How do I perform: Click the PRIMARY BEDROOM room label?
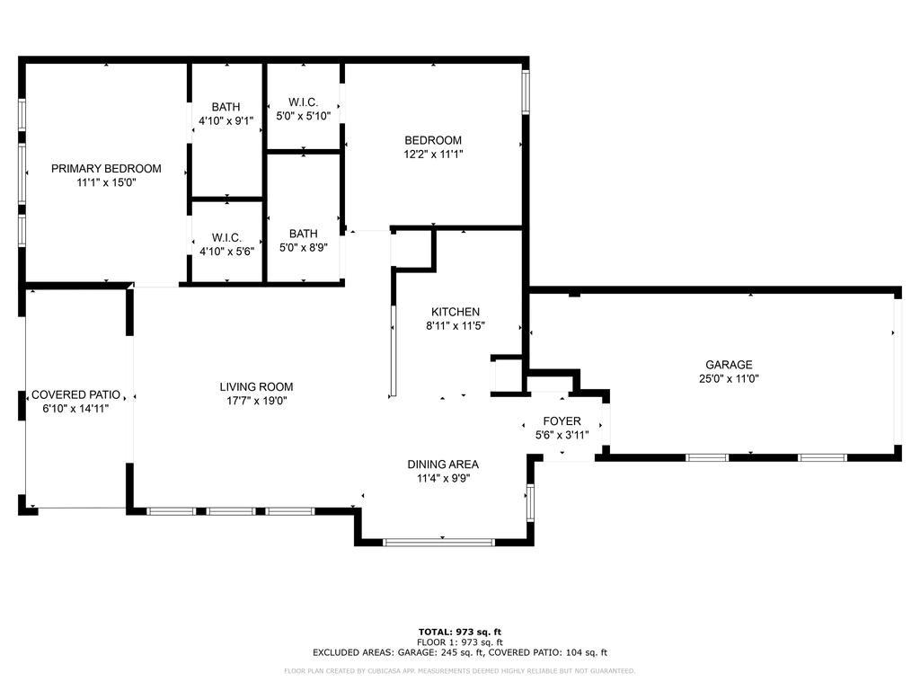pyautogui.click(x=106, y=168)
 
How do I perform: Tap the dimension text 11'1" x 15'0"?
pyautogui.click(x=106, y=182)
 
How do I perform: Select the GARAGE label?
pyautogui.click(x=729, y=365)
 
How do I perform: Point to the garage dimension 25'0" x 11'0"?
pyautogui.click(x=729, y=378)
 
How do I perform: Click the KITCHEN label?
pyautogui.click(x=456, y=312)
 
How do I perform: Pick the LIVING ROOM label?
pyautogui.click(x=256, y=386)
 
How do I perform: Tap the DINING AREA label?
pyautogui.click(x=443, y=464)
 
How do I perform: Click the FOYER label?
pyautogui.click(x=562, y=420)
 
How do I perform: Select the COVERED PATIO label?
pyautogui.click(x=75, y=394)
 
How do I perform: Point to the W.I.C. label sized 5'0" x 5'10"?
pyautogui.click(x=304, y=102)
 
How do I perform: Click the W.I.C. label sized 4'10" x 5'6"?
pyautogui.click(x=226, y=237)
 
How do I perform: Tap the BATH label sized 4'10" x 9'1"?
pyautogui.click(x=226, y=107)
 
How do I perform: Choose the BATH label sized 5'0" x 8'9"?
pyautogui.click(x=304, y=234)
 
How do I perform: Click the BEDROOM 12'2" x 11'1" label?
pyautogui.click(x=433, y=140)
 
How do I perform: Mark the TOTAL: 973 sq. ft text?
pyautogui.click(x=460, y=632)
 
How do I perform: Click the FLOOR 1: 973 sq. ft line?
pyautogui.click(x=460, y=641)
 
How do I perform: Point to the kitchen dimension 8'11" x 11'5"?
pyautogui.click(x=456, y=325)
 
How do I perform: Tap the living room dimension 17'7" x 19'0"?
pyautogui.click(x=256, y=401)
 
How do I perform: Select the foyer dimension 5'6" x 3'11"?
pyautogui.click(x=562, y=435)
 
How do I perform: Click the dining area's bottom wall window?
pyautogui.click(x=438, y=543)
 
